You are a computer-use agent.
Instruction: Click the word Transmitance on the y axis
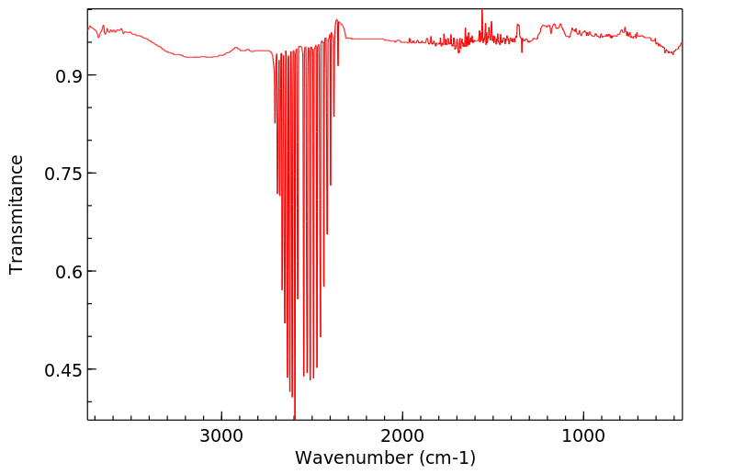17,214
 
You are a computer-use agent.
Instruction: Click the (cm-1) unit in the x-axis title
446,457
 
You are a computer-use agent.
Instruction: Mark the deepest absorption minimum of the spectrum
294,416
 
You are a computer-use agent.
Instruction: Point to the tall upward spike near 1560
481,12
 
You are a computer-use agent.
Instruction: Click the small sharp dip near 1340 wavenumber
522,51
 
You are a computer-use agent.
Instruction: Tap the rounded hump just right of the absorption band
339,22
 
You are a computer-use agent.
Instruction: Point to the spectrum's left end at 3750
89,28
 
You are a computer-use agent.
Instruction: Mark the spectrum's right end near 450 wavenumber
681,42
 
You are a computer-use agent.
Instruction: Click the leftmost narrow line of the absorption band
275,122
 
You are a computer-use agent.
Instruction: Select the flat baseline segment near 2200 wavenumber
367,39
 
